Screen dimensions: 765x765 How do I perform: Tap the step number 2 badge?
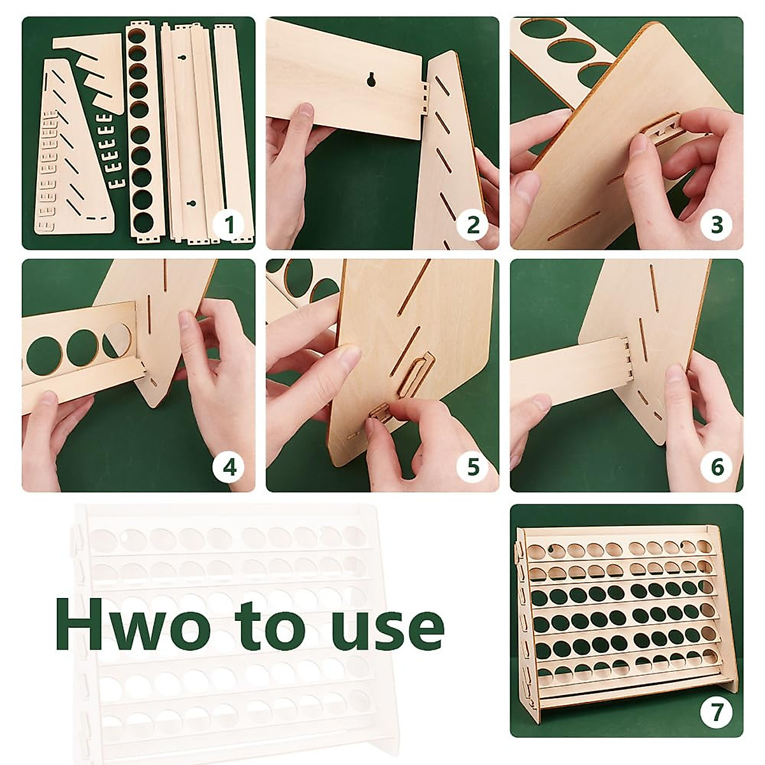(x=473, y=224)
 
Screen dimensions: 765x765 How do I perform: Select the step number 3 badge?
(x=717, y=224)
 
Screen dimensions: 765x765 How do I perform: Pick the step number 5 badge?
(x=473, y=467)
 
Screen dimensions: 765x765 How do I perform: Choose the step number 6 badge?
(x=717, y=467)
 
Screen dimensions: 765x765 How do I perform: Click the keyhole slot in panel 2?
(x=372, y=79)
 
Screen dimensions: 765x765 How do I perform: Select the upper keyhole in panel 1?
(x=182, y=58)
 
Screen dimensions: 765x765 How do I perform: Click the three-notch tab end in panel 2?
(x=425, y=98)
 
